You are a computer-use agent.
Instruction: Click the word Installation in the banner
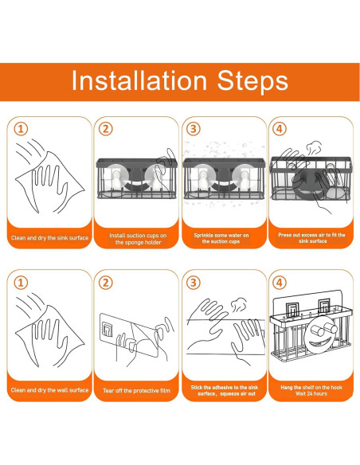[x=139, y=81]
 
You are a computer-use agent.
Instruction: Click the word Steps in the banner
[x=252, y=80]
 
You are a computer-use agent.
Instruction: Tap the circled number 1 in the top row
[x=21, y=129]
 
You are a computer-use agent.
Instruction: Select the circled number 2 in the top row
[x=106, y=129]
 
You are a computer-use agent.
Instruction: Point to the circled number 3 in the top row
[x=194, y=129]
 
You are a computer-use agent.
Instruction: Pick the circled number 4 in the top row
[x=279, y=129]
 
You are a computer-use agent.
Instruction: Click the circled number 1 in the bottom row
[x=21, y=283]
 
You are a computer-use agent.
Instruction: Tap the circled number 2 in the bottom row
[x=106, y=283]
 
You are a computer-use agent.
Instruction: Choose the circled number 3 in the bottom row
[x=194, y=283]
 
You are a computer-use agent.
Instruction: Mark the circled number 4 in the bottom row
[x=279, y=283]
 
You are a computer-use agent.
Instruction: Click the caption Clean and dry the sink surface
[x=49, y=238]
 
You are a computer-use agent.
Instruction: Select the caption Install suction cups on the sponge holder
[x=138, y=239]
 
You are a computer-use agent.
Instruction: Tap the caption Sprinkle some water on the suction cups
[x=221, y=238]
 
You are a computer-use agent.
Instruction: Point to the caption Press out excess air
[x=311, y=238]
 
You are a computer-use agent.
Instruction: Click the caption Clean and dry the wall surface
[x=49, y=390]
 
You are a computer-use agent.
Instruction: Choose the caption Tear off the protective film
[x=136, y=391]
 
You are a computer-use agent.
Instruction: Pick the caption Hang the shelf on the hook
[x=311, y=387]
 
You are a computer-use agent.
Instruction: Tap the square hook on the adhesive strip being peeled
[x=107, y=330]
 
